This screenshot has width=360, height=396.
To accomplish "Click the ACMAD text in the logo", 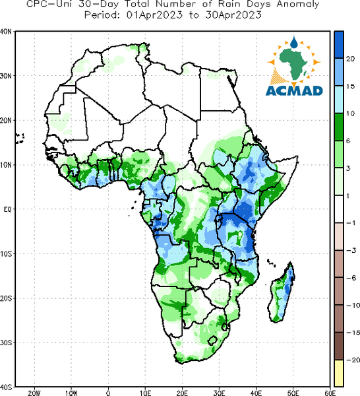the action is tap(294, 90).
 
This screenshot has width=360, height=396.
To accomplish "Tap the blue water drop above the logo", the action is tap(293, 43).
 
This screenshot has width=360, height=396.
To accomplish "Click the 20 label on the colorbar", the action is tap(350, 59).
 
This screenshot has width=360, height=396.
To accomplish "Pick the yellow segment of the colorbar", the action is tap(339, 373).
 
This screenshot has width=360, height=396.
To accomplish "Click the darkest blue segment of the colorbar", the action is tap(339, 45).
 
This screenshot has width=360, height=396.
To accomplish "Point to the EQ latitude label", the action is tap(7, 209).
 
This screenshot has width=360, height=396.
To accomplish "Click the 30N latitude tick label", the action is tap(6, 76).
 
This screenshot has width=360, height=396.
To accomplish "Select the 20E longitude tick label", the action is tap(182, 393).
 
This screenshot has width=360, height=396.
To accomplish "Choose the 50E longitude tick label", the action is tap(293, 393).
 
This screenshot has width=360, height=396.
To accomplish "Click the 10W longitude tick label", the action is tap(71, 393).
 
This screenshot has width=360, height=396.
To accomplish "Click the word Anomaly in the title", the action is tap(298, 5).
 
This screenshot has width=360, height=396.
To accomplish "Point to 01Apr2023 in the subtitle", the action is tap(154, 15).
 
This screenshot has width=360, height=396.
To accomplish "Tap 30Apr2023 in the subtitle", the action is tap(233, 15).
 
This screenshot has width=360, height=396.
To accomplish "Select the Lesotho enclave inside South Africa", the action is tap(212, 341).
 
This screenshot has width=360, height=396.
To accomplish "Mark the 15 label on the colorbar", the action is tap(350, 86).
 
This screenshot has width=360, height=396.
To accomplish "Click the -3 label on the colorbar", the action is tap(351, 250).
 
